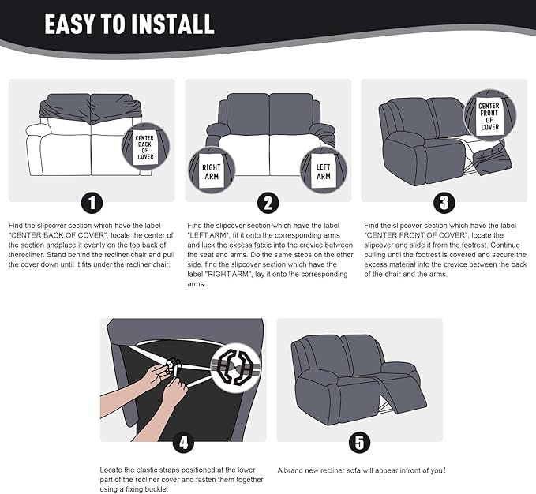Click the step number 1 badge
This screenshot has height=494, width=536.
(x=92, y=204)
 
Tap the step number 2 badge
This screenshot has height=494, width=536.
(x=268, y=204)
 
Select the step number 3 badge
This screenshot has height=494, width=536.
(x=444, y=204)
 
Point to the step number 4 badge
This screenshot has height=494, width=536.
(x=184, y=443)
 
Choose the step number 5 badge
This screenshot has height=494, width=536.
(x=359, y=443)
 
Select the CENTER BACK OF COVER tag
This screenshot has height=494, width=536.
(x=145, y=148)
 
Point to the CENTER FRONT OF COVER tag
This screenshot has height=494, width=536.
(x=489, y=117)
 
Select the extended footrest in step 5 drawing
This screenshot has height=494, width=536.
(x=403, y=392)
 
